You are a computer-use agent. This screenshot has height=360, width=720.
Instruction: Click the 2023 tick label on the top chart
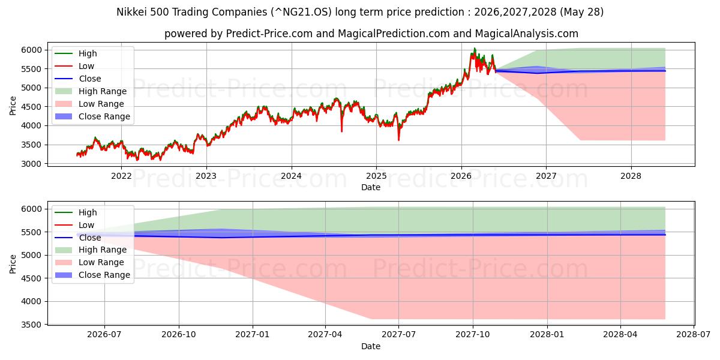click(x=206, y=176)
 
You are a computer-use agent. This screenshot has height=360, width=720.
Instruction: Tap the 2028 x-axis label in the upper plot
click(x=631, y=176)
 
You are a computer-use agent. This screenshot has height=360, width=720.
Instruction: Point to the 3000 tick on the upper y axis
click(x=31, y=164)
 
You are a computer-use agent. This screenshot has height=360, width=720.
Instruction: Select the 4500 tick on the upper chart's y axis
click(x=31, y=107)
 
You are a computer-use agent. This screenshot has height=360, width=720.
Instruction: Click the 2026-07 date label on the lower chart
click(x=104, y=335)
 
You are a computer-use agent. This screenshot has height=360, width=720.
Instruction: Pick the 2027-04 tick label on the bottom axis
click(x=325, y=335)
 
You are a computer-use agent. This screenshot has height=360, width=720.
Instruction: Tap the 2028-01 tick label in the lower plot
click(x=547, y=335)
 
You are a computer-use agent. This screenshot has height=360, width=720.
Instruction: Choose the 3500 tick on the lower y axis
click(x=31, y=325)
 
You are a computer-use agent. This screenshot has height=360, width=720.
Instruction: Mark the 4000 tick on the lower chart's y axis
click(x=31, y=302)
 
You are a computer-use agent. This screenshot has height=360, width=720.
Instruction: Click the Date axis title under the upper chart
click(x=371, y=187)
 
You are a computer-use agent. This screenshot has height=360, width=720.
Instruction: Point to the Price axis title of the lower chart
click(x=13, y=264)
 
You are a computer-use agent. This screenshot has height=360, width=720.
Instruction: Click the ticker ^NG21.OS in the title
click(x=301, y=12)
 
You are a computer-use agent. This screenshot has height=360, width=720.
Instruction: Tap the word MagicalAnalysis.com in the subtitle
click(x=527, y=34)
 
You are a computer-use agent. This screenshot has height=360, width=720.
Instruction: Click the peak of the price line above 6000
click(x=475, y=48)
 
